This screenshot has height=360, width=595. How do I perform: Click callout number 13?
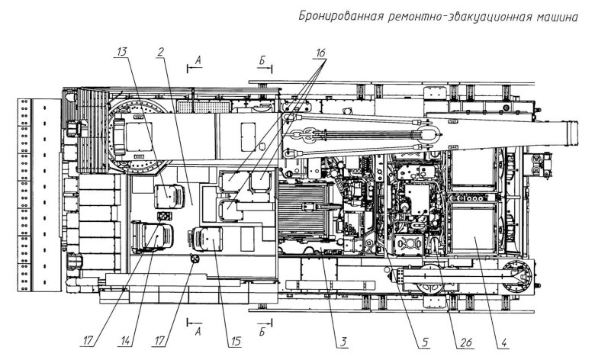(121, 52)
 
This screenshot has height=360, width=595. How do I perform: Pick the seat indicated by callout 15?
(206, 240)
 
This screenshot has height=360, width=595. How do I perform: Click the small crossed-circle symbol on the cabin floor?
(194, 261)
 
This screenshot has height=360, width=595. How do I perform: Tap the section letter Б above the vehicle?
(262, 58)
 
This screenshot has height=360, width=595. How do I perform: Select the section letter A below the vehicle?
(198, 332)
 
